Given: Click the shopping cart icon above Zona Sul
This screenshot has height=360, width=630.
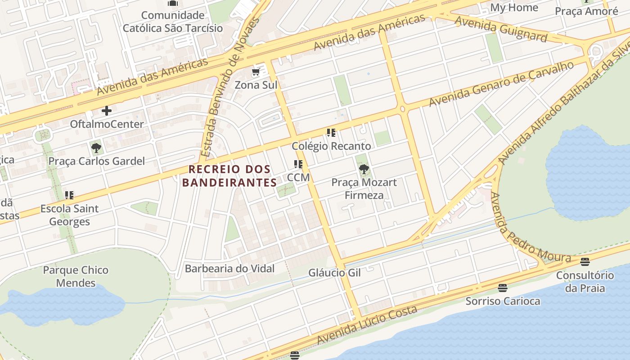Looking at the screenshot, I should pos(256,72).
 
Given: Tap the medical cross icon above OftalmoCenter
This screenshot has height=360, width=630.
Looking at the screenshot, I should pos(107,111).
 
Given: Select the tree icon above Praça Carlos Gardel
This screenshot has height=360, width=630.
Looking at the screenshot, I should pos(96,148).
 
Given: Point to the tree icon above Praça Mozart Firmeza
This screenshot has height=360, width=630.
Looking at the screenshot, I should pos(364,169).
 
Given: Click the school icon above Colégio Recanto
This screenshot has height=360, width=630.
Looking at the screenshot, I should pos(331,133).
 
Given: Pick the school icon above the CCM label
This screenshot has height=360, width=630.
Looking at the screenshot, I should pos(298,164).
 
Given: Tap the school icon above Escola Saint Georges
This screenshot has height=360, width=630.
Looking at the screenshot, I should pos(69,195).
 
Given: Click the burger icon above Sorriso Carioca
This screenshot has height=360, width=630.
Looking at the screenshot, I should pos(503,288).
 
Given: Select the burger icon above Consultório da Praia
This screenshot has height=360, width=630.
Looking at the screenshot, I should pos(585,262).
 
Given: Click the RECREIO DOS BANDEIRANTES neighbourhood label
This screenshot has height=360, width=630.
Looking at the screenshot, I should pos(229,176).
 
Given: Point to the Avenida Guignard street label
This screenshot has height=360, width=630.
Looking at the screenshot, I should pos(500,28).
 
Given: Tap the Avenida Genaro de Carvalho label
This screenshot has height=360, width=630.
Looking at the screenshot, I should pos(501,84).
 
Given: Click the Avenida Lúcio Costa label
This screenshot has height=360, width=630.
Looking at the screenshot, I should pos(367,325).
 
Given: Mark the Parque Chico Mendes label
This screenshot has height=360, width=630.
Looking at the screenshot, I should pos(76,276).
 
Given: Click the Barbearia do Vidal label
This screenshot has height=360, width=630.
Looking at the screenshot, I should pos(229,269).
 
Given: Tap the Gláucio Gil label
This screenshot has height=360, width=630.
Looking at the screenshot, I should pos(334,273).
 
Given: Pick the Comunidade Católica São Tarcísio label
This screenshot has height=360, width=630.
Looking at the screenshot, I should pos(173,22).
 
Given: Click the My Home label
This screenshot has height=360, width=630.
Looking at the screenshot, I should pos(514,8).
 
